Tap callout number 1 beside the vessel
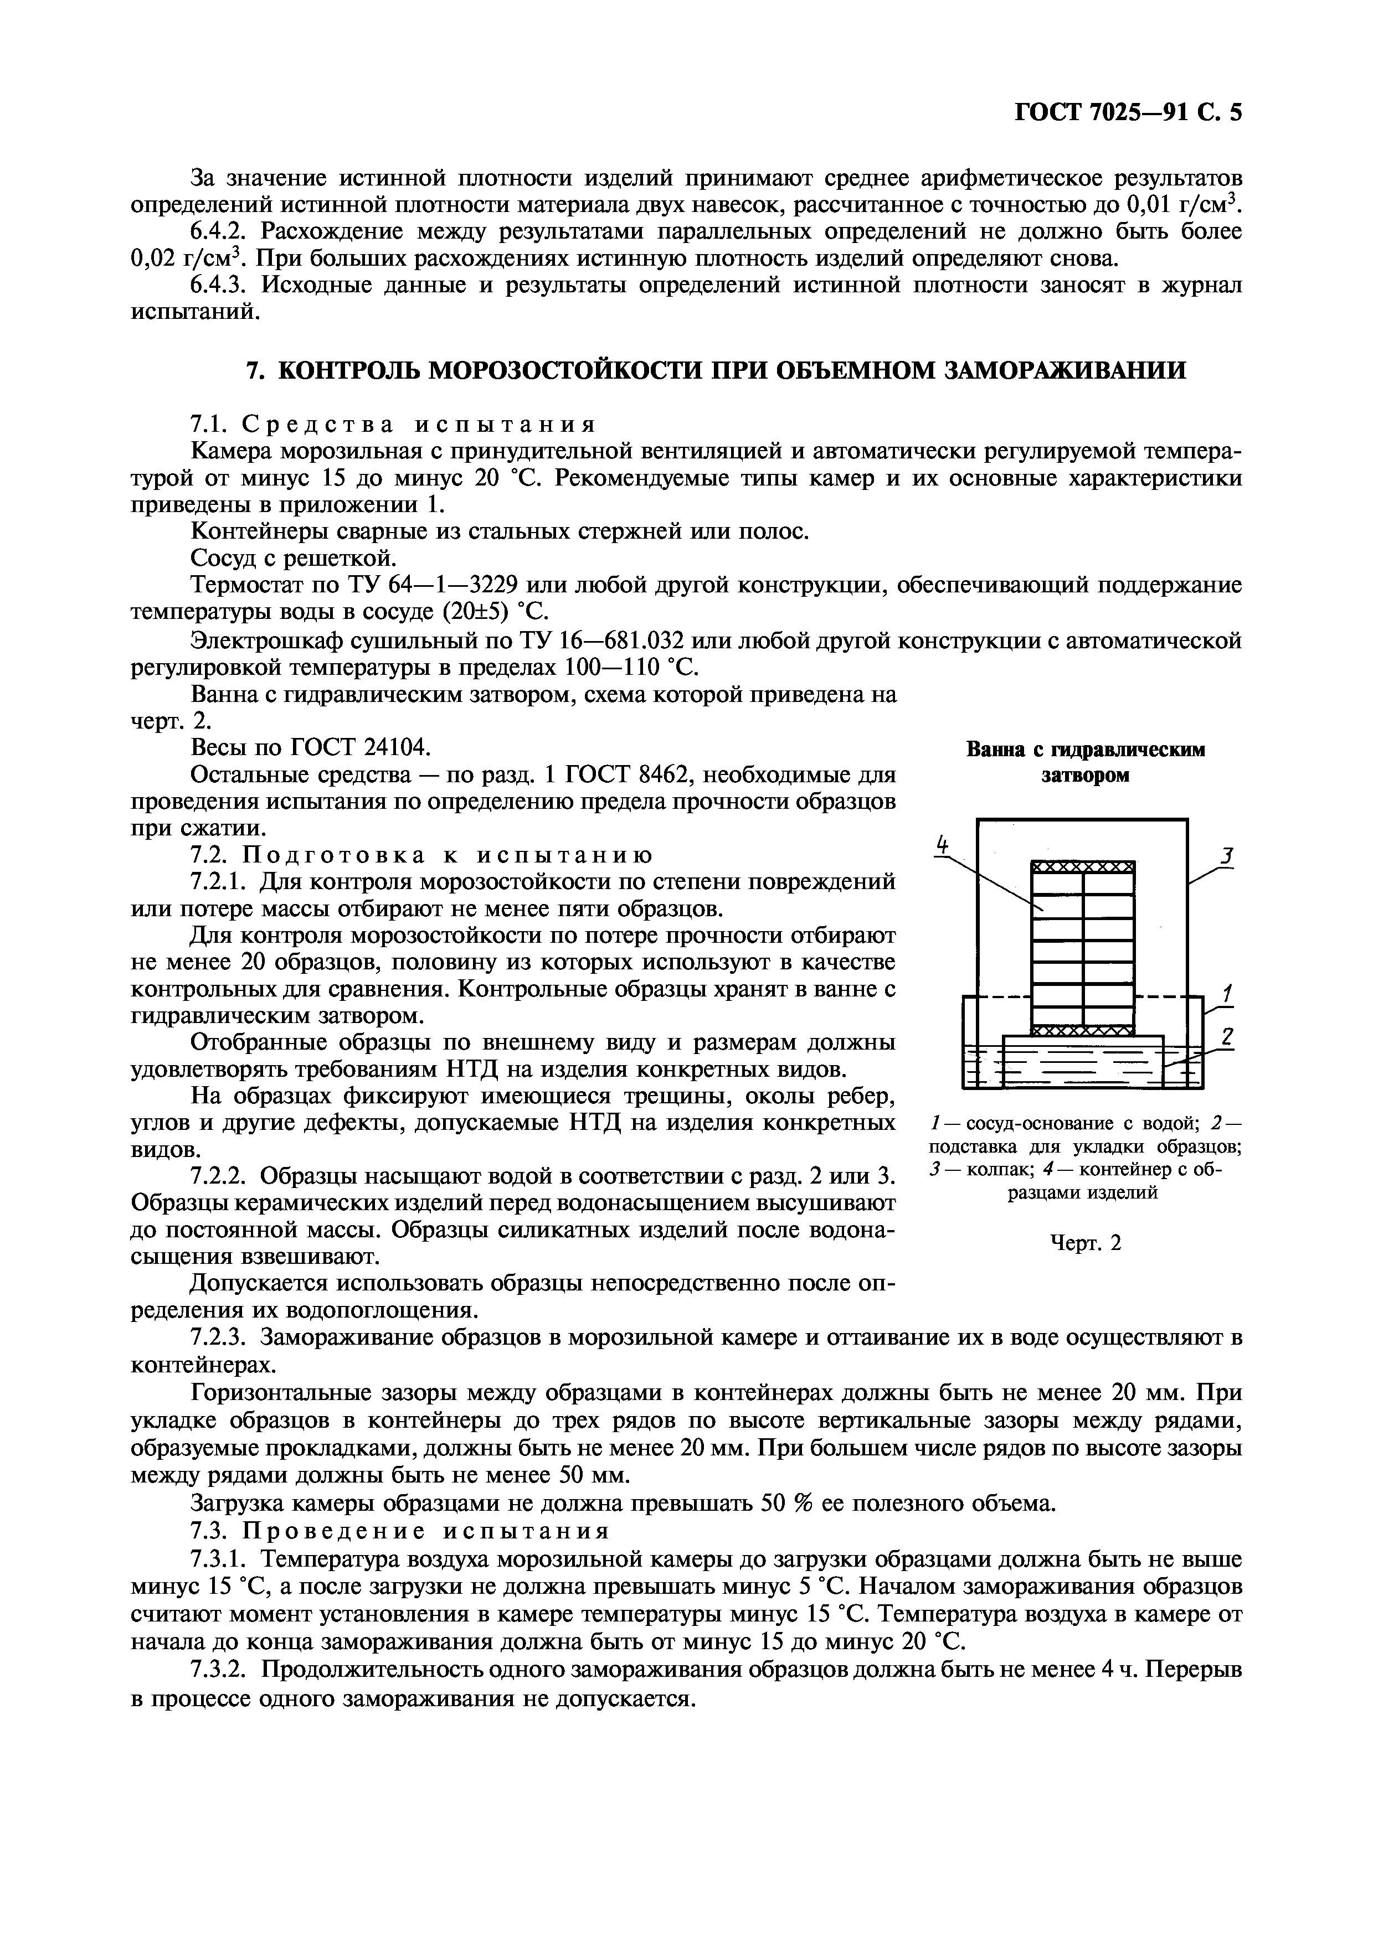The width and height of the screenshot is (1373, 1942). coord(1227,993)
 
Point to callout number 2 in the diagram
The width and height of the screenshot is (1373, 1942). coord(1227,1037)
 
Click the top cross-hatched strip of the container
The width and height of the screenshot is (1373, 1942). coord(1082,867)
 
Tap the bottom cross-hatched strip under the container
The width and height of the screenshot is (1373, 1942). coord(1082,1030)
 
